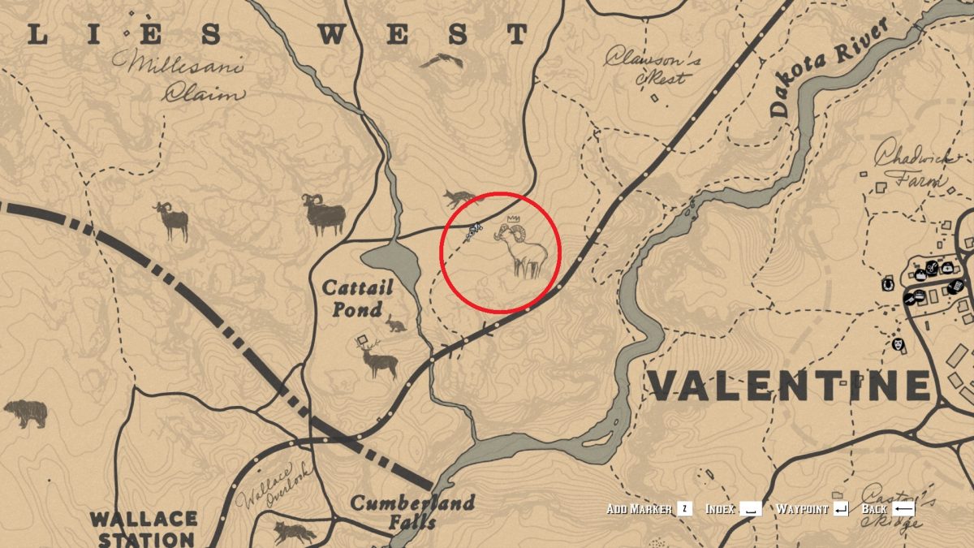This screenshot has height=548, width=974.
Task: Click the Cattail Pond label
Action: point(357,298)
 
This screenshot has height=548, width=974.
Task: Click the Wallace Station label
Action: point(143,528)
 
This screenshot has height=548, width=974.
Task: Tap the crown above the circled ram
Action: point(512,219)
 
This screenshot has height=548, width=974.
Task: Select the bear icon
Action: point(25,414)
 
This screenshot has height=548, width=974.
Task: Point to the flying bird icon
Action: point(442,60)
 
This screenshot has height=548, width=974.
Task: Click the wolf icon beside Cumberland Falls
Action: point(295,533)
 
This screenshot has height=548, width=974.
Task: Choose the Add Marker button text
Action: point(640,509)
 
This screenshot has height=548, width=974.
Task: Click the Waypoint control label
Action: point(802,509)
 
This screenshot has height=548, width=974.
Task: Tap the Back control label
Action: point(874,509)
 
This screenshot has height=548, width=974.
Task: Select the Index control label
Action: point(720,509)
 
